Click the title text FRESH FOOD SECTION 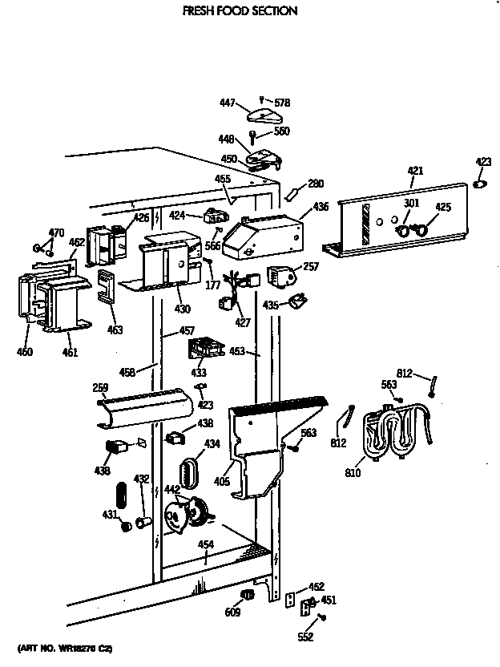pyautogui.click(x=228, y=11)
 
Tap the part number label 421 pyautogui.click(x=415, y=171)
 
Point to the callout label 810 pyautogui.click(x=353, y=473)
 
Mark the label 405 pyautogui.click(x=222, y=482)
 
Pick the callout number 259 pyautogui.click(x=99, y=388)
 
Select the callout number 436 pyautogui.click(x=321, y=207)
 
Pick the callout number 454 pyautogui.click(x=206, y=545)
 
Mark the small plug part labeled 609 pyautogui.click(x=247, y=594)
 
